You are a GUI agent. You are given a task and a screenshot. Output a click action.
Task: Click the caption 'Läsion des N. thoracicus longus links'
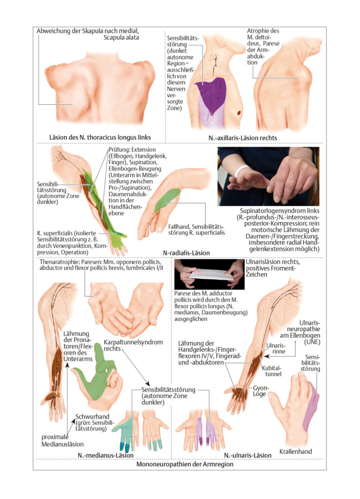tap(100, 137)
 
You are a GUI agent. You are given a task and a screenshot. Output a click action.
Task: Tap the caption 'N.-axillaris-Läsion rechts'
tap(243, 138)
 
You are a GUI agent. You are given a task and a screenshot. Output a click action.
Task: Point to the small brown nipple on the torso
tap(239, 113)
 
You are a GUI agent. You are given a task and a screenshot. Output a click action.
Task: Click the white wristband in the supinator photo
tap(242, 170)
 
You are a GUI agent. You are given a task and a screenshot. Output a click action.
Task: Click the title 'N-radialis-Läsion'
tap(187, 253)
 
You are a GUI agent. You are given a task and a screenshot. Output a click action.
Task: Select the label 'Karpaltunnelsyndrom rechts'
tap(133, 345)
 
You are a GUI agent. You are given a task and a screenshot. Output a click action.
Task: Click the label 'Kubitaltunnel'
tap(272, 371)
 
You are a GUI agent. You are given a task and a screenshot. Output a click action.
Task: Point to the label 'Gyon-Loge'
tap(261, 391)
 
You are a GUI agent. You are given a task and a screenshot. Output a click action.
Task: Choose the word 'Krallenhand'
tap(295, 451)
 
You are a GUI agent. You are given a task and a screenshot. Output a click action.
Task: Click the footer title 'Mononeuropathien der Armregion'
tap(185, 464)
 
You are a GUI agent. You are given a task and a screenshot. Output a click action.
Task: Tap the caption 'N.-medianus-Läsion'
tap(106, 455)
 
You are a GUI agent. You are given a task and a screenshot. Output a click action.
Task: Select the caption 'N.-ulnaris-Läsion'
tap(248, 455)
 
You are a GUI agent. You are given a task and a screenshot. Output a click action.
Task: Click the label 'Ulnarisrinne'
tap(276, 348)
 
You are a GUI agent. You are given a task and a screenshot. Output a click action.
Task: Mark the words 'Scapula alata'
tap(121, 37)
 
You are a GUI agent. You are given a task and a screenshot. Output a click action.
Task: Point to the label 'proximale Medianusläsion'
tap(62, 441)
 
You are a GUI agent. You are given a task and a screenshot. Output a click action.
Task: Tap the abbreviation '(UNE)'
tap(312, 342)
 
